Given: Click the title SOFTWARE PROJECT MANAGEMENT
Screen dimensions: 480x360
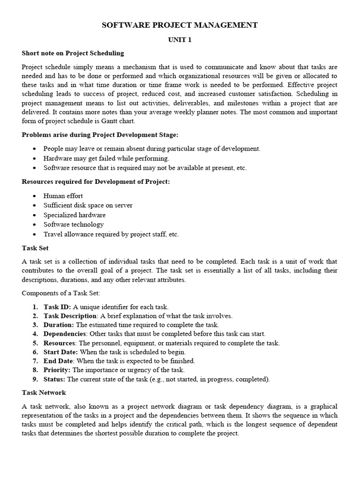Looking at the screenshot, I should click(x=180, y=25).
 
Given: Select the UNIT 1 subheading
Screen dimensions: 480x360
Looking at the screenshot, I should click(x=180, y=40).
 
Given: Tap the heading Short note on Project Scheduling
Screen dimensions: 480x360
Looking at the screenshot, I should click(x=73, y=53).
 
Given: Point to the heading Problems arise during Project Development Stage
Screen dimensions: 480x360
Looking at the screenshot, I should click(x=100, y=135).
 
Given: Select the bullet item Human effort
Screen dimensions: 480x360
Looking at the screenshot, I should click(x=63, y=196).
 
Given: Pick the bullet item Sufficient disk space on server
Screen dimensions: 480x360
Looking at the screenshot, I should click(x=88, y=205).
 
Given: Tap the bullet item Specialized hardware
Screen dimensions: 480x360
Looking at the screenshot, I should click(x=75, y=215).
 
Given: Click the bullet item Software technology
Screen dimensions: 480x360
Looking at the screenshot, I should click(x=74, y=225).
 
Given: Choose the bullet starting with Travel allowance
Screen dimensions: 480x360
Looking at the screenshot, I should click(x=111, y=234).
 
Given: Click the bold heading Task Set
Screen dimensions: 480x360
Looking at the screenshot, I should click(x=35, y=248).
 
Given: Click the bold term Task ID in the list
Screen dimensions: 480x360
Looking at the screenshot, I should click(x=57, y=307).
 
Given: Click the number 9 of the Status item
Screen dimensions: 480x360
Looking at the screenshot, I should click(x=35, y=379).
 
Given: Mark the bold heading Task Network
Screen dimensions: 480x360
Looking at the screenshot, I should click(x=44, y=392).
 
